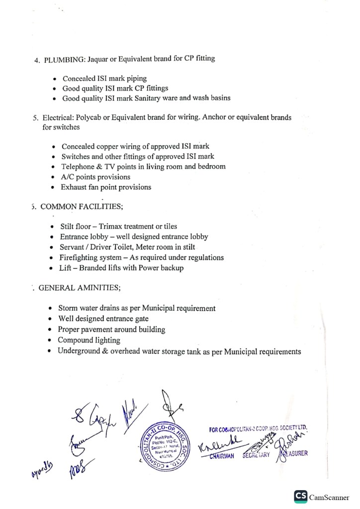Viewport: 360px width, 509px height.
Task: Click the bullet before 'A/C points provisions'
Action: point(54,177)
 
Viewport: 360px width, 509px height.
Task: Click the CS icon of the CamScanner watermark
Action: point(300,496)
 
